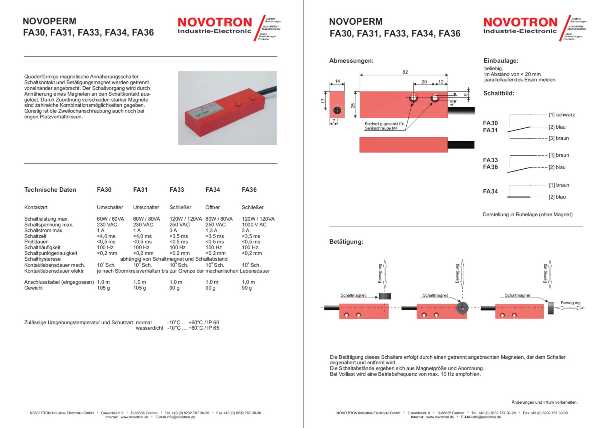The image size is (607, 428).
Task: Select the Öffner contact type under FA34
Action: point(212,207)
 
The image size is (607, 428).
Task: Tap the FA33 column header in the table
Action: point(176,190)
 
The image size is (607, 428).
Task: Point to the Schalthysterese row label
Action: point(42,259)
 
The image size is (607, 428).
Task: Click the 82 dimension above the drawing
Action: point(405,72)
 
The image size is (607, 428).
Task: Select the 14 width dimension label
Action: point(337,81)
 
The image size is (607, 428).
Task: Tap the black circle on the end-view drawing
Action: point(337,110)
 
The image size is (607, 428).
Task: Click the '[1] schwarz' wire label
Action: point(561,115)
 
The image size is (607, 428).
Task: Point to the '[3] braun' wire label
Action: point(558,138)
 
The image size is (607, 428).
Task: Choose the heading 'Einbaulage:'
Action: point(501,60)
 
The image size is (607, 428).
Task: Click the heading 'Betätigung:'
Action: point(346,242)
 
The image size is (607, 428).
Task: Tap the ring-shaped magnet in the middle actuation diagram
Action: point(462,308)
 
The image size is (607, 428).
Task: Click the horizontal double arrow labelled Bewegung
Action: point(570,308)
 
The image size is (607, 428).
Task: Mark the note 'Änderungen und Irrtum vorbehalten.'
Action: point(544,402)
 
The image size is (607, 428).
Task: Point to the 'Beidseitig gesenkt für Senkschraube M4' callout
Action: point(384,126)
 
